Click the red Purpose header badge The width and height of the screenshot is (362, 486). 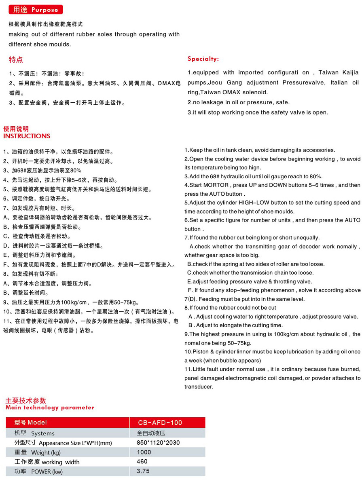click(x=36, y=10)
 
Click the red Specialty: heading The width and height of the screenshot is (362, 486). click(x=203, y=59)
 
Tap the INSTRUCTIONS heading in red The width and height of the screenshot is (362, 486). click(x=27, y=136)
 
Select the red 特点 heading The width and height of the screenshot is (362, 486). click(x=16, y=60)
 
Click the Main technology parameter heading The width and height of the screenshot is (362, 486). click(x=50, y=408)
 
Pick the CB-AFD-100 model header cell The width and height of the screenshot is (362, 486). click(x=160, y=423)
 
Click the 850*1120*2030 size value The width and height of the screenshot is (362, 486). click(x=158, y=443)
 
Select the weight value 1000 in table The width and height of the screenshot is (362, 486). click(x=144, y=452)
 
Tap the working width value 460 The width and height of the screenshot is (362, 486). click(x=142, y=462)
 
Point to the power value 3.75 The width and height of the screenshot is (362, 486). click(x=143, y=471)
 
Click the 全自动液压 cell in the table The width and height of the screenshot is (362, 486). click(x=150, y=433)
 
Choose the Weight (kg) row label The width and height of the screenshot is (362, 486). click(x=38, y=452)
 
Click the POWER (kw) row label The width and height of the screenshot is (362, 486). click(x=38, y=471)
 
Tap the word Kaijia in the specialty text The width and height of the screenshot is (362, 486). click(x=349, y=73)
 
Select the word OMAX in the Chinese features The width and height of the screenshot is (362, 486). click(x=165, y=84)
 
